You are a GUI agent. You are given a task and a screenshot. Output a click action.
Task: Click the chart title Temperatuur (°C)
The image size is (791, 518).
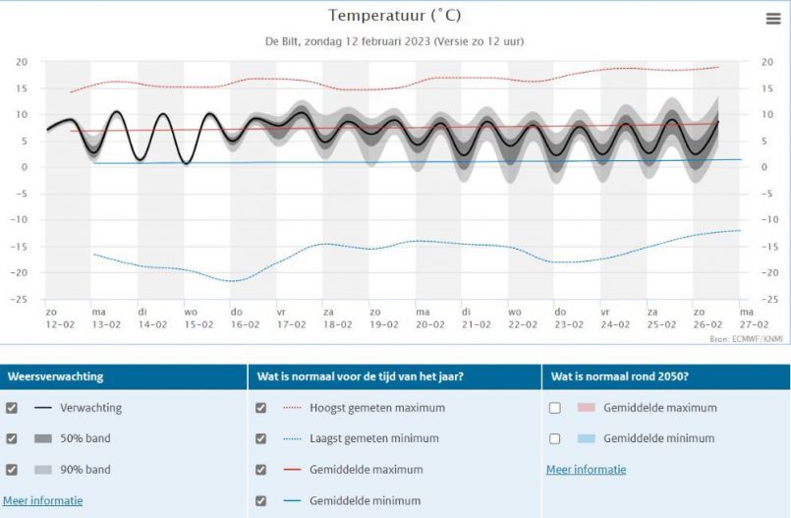[394, 15]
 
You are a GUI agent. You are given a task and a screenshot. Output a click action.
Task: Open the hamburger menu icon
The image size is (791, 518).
[773, 19]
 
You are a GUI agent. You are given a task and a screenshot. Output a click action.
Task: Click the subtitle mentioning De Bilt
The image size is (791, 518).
[394, 41]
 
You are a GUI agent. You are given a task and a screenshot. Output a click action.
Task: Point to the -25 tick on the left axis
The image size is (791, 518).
[21, 300]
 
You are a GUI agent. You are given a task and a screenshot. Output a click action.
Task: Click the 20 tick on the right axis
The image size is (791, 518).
[767, 61]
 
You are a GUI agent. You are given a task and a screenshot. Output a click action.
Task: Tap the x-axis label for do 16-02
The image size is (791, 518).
[244, 317]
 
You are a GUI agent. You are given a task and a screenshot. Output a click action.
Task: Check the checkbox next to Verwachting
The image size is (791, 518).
[12, 408]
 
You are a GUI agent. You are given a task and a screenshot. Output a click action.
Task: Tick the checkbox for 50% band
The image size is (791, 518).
[12, 438]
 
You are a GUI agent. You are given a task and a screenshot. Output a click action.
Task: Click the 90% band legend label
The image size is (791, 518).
[85, 470]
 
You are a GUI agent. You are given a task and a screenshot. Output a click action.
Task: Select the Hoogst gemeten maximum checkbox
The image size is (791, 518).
[260, 408]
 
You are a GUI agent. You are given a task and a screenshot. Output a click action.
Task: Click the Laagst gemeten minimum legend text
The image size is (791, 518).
[373, 438]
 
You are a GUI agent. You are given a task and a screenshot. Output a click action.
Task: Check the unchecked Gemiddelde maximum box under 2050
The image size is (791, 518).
[555, 408]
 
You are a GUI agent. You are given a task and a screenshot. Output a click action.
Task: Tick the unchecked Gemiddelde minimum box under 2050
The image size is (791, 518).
[555, 438]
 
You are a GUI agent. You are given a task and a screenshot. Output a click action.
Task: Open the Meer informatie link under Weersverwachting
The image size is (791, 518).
[42, 500]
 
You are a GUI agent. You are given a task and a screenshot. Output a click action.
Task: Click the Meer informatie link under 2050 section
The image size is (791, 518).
[586, 470]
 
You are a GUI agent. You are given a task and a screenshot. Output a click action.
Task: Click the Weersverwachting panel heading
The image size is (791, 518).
[55, 376]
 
